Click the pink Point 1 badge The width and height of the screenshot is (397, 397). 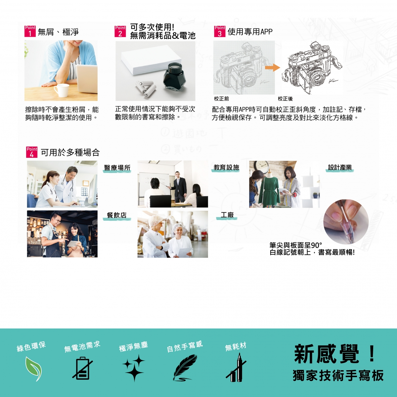click(30, 31)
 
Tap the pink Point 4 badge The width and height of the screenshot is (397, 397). click(32, 152)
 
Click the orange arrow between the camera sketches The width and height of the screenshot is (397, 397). click(272, 67)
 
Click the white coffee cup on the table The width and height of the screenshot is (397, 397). click(62, 90)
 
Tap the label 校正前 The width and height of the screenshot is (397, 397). click(221, 99)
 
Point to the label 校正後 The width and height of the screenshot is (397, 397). click(285, 99)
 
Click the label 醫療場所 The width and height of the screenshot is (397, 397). click(117, 168)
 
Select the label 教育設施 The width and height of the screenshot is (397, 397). click(226, 167)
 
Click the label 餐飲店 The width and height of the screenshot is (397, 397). click(117, 215)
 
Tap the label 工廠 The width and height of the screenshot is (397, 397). click(227, 215)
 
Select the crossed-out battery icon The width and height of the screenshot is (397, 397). click(83, 368)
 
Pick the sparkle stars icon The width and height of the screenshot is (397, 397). click(134, 368)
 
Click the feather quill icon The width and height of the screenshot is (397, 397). click(185, 368)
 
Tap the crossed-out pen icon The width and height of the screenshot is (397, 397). click(236, 368)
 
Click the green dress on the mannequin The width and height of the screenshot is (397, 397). click(269, 189)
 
